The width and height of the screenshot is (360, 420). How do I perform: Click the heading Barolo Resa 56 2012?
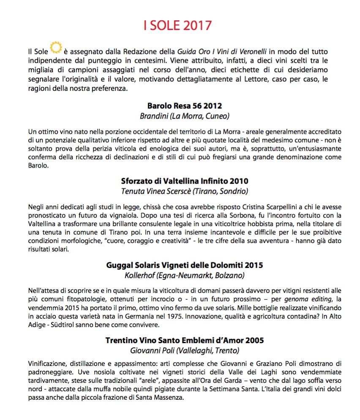click(x=185, y=106)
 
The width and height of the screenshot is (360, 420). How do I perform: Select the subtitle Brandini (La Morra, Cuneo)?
click(x=185, y=116)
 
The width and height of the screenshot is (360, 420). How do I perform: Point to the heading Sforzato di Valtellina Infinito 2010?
click(x=185, y=181)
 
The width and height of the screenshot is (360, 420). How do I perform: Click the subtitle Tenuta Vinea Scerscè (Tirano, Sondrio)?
click(x=185, y=191)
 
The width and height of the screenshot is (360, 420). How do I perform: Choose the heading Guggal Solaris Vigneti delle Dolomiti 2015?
click(x=185, y=266)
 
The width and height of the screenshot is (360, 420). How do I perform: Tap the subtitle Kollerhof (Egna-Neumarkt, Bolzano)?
click(x=185, y=275)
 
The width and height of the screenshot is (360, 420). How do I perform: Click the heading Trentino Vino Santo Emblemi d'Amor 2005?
click(x=185, y=340)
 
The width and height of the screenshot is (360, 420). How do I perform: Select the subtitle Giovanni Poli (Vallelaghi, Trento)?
click(x=185, y=350)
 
